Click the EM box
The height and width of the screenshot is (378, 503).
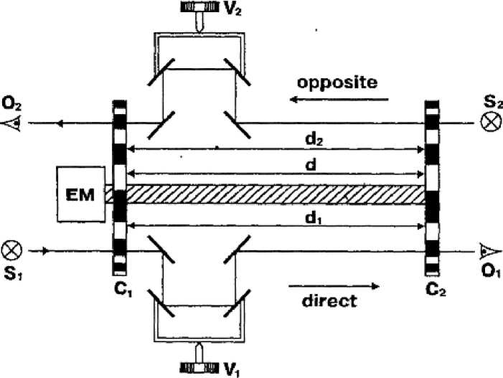(81, 194)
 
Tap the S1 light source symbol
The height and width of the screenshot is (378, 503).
(14, 251)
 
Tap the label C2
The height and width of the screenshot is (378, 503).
(433, 293)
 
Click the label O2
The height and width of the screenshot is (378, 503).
(11, 102)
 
